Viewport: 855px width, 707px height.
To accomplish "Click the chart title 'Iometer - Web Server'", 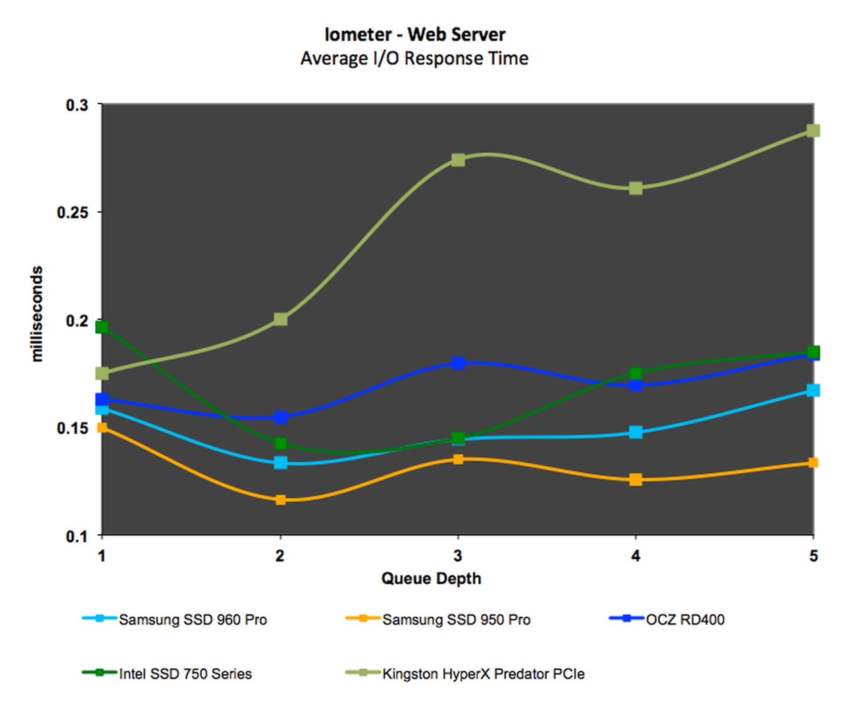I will (x=415, y=34).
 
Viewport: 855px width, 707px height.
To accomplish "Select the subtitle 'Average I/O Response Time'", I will (x=415, y=58).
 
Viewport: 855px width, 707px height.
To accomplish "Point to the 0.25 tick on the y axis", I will (x=73, y=212).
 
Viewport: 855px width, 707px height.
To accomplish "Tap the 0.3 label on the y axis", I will (x=77, y=105).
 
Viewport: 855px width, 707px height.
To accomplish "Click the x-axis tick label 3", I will (x=458, y=555).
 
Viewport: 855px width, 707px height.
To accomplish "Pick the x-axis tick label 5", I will (x=813, y=555).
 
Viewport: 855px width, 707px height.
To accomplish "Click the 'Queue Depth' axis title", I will (x=431, y=578).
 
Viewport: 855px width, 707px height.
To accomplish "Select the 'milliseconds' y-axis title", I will (x=37, y=314).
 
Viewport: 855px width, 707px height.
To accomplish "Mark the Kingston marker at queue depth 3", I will (x=458, y=160).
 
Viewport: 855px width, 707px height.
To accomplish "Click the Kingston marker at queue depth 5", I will (x=813, y=130).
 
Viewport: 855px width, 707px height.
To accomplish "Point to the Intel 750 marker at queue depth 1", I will (x=102, y=327).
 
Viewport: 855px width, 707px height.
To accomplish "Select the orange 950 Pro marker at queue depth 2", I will (x=281, y=500).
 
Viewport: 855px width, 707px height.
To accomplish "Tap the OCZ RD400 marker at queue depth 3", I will (x=458, y=363).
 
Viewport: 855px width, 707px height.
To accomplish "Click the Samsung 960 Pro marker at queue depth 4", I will (x=635, y=432).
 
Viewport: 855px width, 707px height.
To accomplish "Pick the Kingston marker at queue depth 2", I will (x=281, y=319).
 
